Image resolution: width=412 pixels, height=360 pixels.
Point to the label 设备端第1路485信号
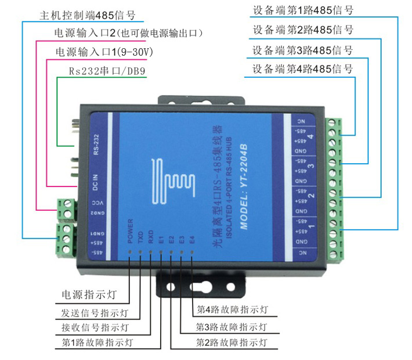[303, 10]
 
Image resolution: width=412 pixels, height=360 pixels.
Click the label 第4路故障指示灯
[232, 309]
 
